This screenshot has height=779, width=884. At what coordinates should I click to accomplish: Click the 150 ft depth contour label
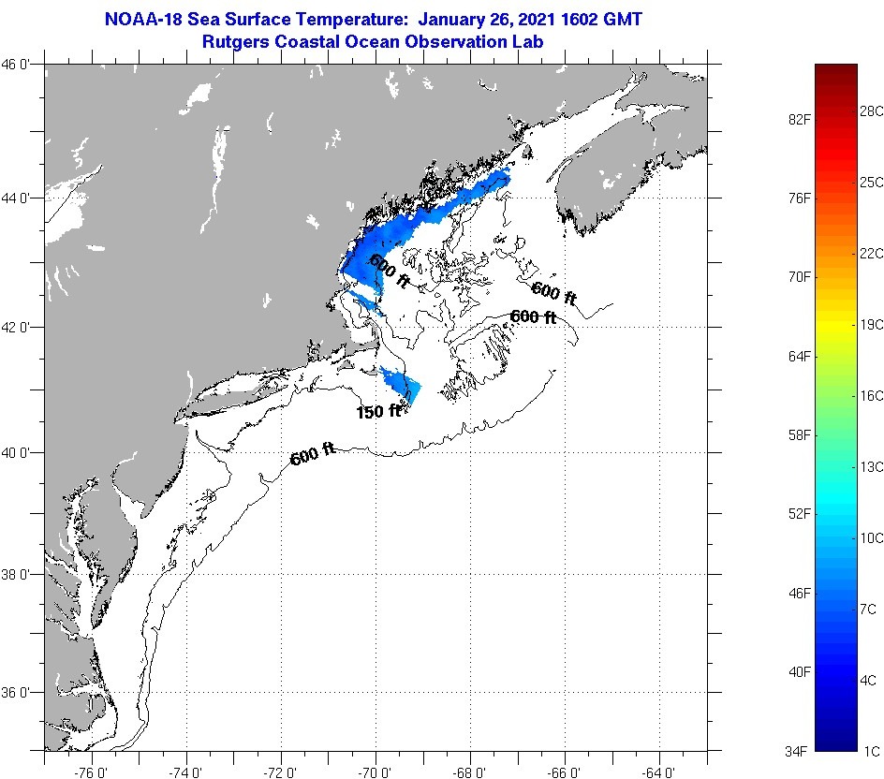(378, 411)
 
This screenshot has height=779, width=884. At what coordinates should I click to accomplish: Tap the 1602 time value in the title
(568, 20)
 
